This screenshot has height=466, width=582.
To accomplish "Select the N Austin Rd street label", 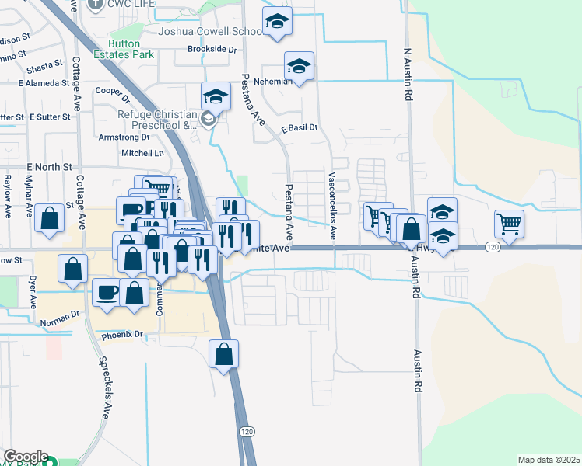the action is (407, 75).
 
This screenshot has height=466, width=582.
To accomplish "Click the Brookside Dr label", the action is (212, 49).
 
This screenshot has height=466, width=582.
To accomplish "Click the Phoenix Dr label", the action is (124, 335).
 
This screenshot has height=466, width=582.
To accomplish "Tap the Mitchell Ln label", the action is (143, 153).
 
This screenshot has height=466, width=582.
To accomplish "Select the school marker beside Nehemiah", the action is (299, 66).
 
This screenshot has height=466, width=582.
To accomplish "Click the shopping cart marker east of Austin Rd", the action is (509, 224).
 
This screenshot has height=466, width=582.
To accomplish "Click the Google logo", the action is (26, 457).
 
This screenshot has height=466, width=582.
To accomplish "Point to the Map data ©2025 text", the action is (549, 460).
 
